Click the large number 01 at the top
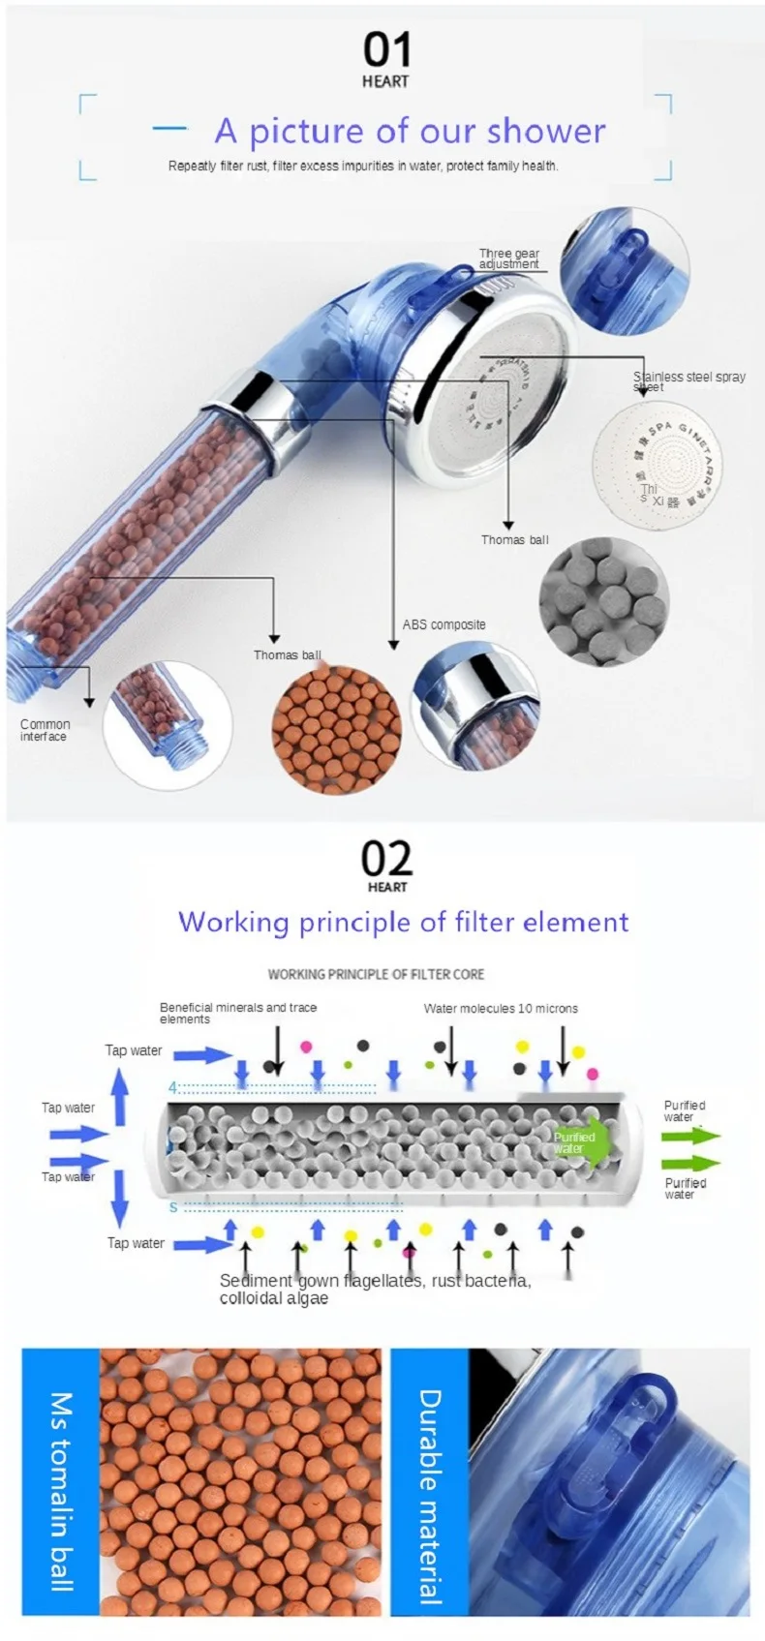pos(386,49)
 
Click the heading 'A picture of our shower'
pos(410,131)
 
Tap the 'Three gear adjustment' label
pos(508,258)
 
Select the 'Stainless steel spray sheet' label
pos(688,381)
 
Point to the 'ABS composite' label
pos(444,624)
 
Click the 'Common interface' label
pos(45,730)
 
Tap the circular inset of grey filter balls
pos(604,601)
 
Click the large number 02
pos(386,858)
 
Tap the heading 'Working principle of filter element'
pos(403,922)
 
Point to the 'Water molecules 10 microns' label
pos(500,1008)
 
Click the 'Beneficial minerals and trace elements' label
pos(237,1013)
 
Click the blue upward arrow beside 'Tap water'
pos(119,1097)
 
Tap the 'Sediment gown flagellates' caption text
pos(375,1289)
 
